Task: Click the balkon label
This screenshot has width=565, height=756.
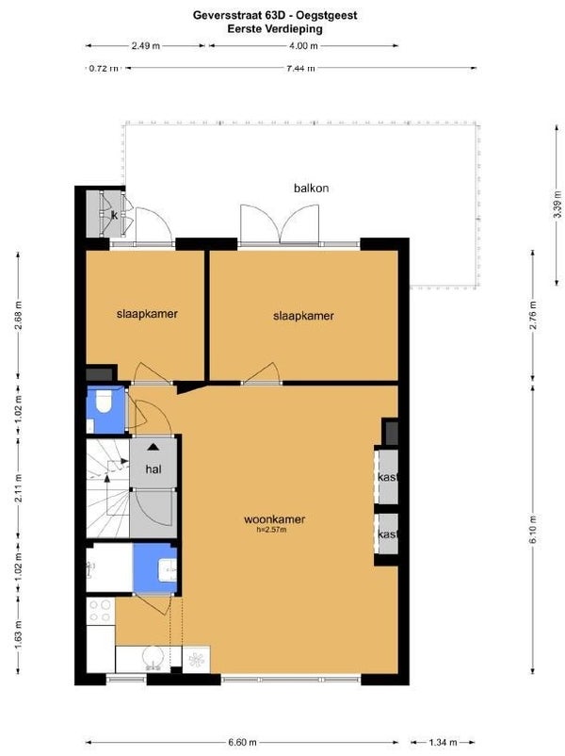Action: tap(311, 188)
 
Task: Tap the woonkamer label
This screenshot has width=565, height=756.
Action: tap(274, 519)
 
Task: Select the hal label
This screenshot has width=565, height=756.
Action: tap(153, 469)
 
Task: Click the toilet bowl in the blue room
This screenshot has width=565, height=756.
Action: tap(104, 402)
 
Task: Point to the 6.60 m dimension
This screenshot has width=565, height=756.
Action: tap(242, 742)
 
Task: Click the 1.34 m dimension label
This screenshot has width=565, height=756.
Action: tap(443, 742)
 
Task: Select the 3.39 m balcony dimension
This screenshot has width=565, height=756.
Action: tap(557, 204)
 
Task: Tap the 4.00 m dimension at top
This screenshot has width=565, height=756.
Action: tap(303, 46)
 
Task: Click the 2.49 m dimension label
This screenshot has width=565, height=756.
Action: tap(145, 46)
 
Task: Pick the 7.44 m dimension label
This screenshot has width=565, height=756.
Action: tap(300, 68)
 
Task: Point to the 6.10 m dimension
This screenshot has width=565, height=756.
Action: tap(533, 529)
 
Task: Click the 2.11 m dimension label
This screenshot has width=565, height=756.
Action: tap(18, 488)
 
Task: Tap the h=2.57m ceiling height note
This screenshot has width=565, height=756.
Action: tap(271, 530)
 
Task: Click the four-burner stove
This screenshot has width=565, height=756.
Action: tap(101, 612)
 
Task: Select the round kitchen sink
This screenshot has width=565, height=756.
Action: tap(153, 658)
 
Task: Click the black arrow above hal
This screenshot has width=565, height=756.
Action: tap(153, 447)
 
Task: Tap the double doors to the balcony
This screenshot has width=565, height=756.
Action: tap(280, 223)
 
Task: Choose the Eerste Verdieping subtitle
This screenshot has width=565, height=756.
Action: tap(275, 28)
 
